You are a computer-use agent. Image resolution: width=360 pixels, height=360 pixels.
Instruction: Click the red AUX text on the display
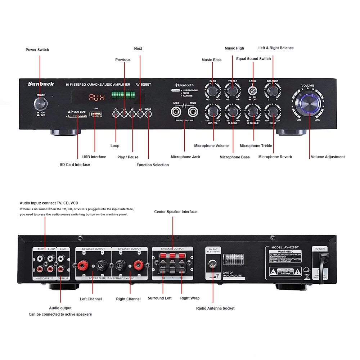click(x=96, y=98)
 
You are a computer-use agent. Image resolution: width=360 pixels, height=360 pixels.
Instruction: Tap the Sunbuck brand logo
click(x=41, y=84)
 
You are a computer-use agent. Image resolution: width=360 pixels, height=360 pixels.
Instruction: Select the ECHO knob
click(x=272, y=112)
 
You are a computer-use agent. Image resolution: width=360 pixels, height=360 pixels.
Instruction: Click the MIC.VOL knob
click(x=213, y=112)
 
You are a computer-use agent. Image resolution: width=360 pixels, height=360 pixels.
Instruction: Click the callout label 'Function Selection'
click(x=153, y=165)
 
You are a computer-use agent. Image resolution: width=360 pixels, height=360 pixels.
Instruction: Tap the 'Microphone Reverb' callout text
click(x=275, y=157)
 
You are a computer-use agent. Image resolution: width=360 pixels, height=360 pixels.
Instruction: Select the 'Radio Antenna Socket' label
click(x=215, y=308)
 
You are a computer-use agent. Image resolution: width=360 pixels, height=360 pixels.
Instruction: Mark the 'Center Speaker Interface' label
click(x=175, y=212)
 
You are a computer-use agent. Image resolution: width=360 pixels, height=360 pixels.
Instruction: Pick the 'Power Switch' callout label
click(x=37, y=50)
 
